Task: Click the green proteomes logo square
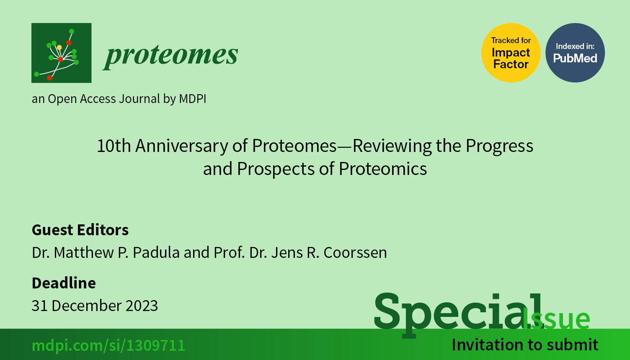pyautogui.click(x=61, y=53)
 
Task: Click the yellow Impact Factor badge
pyautogui.click(x=511, y=53)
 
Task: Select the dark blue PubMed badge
pyautogui.click(x=575, y=53)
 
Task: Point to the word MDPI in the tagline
pyautogui.click(x=193, y=99)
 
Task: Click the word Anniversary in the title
pyautogui.click(x=181, y=146)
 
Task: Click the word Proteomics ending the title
pyautogui.click(x=383, y=169)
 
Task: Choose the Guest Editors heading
pyautogui.click(x=80, y=230)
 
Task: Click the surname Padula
pyautogui.click(x=156, y=252)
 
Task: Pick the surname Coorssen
pyautogui.click(x=355, y=252)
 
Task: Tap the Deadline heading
pyautogui.click(x=64, y=283)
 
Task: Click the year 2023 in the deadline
pyautogui.click(x=142, y=306)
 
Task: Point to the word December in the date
pyautogui.click(x=86, y=306)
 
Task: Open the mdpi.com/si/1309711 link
pyautogui.click(x=108, y=345)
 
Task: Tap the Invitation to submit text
pyautogui.click(x=525, y=345)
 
